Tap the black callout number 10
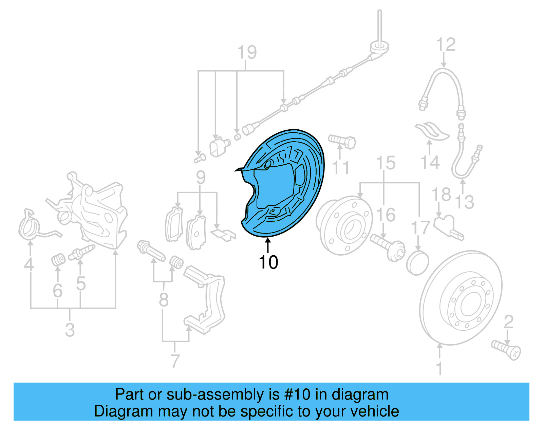[x=268, y=262]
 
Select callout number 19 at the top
[x=247, y=53]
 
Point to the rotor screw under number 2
[x=506, y=350]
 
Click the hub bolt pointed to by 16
[x=387, y=247]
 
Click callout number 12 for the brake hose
[x=446, y=45]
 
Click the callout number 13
[x=464, y=202]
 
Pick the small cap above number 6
[x=59, y=260]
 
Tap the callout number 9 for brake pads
[x=201, y=178]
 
